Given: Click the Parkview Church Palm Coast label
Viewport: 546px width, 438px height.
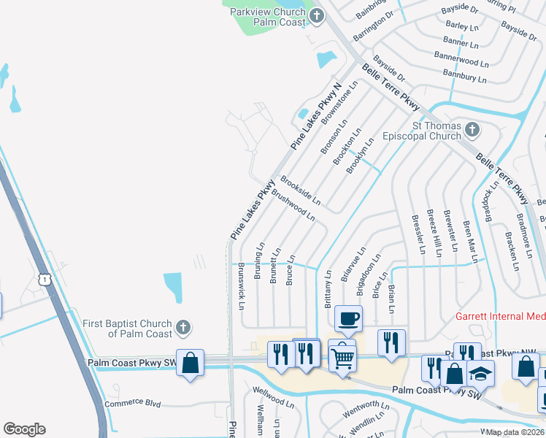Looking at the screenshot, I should click(267, 17).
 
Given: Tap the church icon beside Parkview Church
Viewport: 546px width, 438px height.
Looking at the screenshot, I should click(317, 16).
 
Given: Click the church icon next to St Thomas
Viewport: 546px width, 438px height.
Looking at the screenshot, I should click(472, 131).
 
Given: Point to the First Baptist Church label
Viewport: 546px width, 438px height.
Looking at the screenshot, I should click(127, 328).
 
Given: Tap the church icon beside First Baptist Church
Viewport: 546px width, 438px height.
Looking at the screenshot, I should click(183, 328).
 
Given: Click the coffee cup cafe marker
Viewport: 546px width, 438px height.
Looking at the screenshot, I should click(347, 319).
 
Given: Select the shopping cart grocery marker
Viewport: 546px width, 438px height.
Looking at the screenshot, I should click(342, 356).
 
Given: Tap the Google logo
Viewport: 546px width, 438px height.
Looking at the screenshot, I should click(24, 429).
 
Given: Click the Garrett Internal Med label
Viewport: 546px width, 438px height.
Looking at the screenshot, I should click(500, 317).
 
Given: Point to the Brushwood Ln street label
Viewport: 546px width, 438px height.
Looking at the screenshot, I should click(293, 207).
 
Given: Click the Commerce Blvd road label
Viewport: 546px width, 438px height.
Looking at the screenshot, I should click(132, 403).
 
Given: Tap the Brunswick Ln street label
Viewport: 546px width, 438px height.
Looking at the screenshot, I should click(242, 285).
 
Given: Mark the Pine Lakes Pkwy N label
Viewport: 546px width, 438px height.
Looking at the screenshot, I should click(316, 117).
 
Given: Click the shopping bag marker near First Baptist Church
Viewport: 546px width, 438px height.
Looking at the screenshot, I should click(190, 363).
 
